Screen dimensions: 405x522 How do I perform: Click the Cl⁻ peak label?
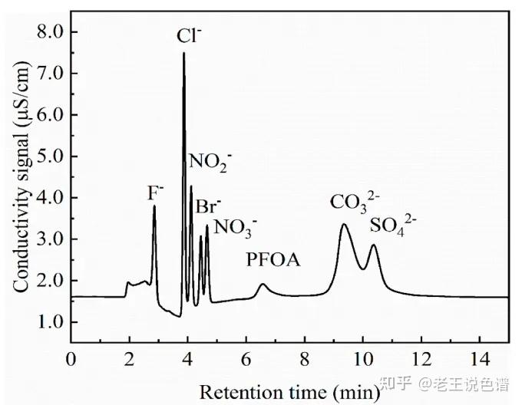[188, 35]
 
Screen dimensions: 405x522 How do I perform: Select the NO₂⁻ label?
[210, 161]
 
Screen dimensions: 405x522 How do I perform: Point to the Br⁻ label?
[208, 206]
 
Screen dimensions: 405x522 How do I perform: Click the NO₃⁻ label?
[236, 226]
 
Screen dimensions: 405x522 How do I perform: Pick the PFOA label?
[273, 260]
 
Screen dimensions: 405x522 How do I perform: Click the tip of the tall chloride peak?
[183, 53]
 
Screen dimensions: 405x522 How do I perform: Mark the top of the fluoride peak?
[154, 206]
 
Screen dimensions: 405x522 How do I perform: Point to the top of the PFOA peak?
[263, 285]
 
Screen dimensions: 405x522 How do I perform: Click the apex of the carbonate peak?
[344, 224]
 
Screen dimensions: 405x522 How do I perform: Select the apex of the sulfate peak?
[374, 245]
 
